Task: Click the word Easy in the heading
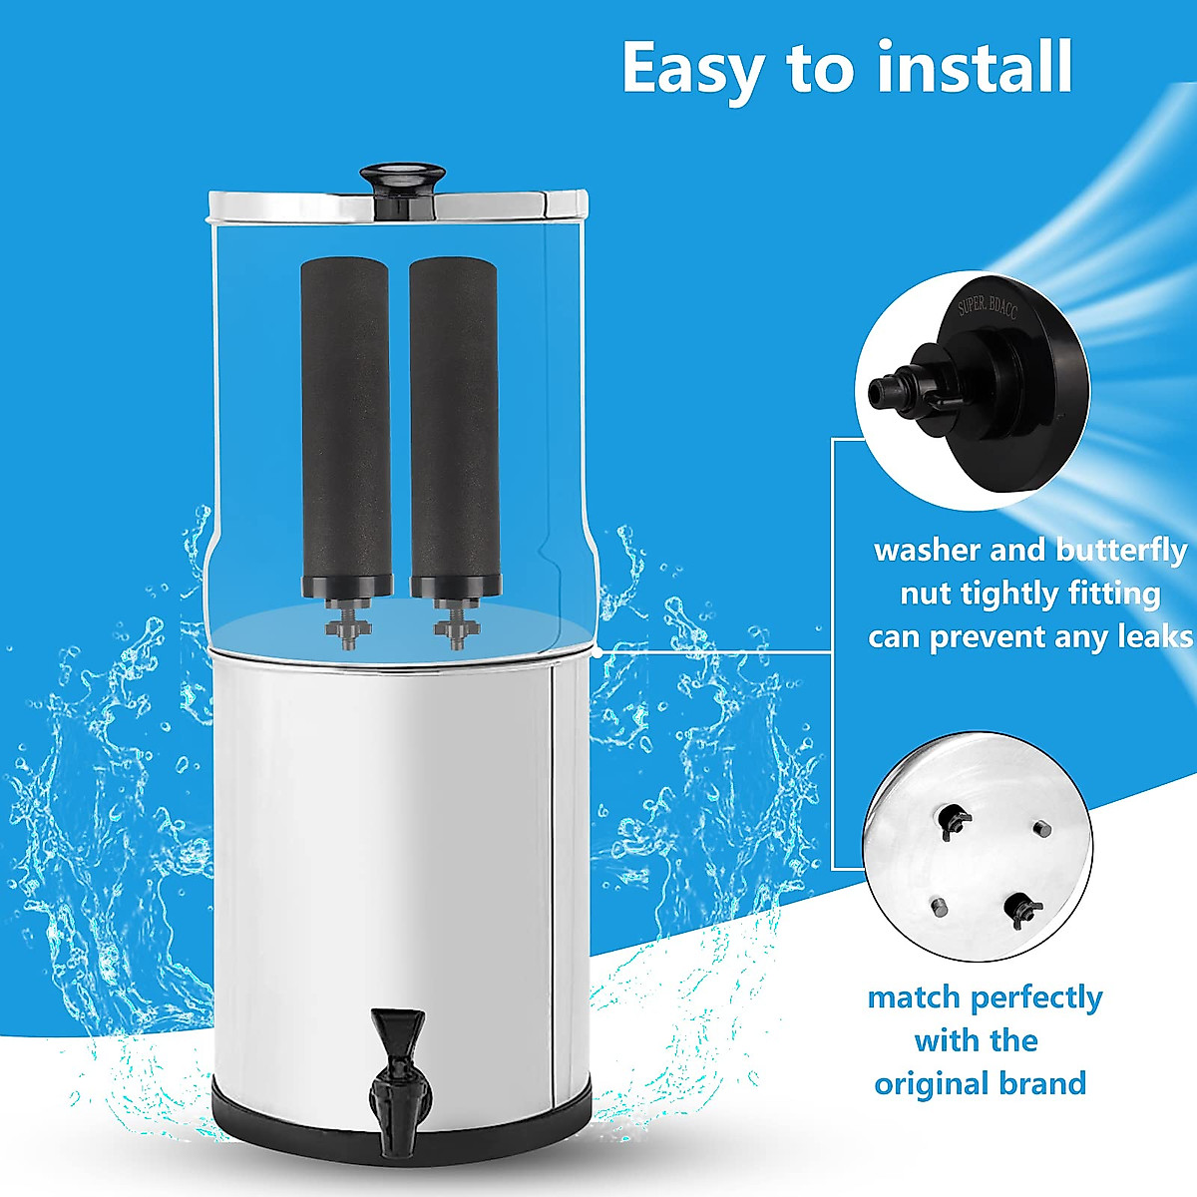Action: pos(694,68)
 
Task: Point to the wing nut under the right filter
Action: pos(454,627)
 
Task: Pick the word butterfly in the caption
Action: pos(1122,551)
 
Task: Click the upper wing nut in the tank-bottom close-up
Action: pos(954,818)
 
